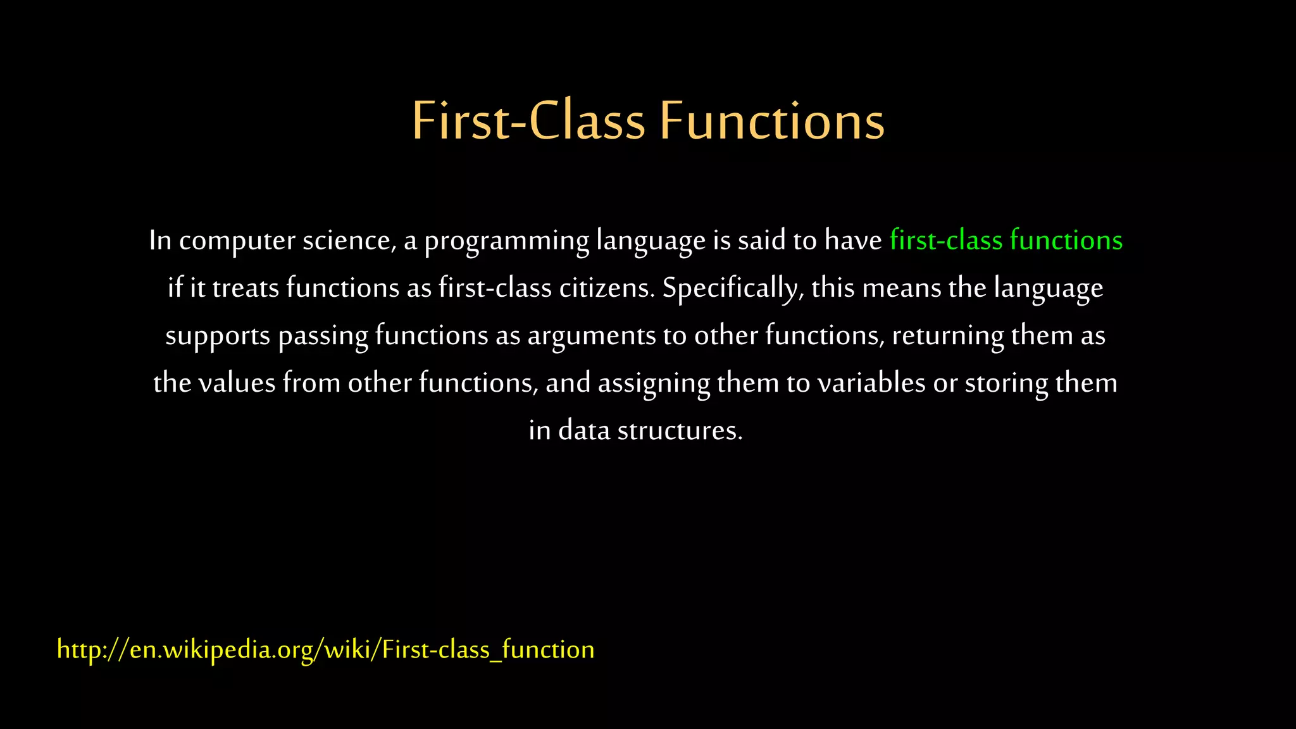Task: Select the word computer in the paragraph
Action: tap(237, 241)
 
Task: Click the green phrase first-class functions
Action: tap(1006, 240)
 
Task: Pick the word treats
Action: tap(246, 289)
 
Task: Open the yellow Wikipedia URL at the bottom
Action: tap(325, 650)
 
